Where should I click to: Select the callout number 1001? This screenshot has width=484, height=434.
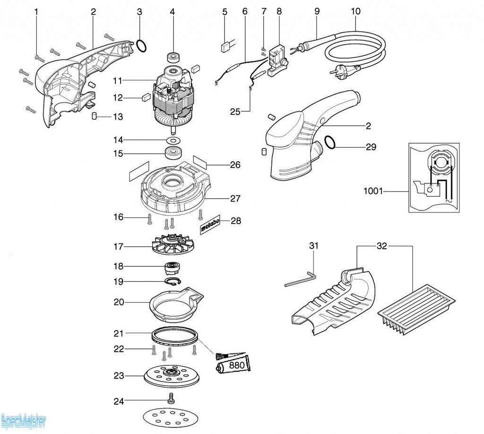[x=373, y=191]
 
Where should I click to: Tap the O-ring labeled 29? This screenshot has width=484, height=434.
[x=329, y=142]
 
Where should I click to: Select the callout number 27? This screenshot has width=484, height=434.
[x=235, y=198]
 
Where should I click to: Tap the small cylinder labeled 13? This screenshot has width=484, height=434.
[x=95, y=116]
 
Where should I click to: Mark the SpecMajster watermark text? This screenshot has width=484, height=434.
[x=24, y=422]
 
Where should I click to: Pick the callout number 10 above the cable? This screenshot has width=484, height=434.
[x=355, y=11]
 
